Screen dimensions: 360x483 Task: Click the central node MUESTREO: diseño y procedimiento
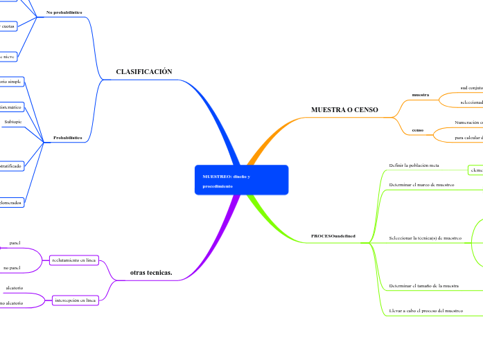[240, 181]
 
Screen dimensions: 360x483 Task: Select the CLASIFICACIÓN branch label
[143, 72]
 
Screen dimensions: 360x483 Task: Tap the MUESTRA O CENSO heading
[344, 110]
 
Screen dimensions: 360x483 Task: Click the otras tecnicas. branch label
[151, 273]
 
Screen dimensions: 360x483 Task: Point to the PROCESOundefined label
[333, 236]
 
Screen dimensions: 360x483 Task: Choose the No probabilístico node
[64, 12]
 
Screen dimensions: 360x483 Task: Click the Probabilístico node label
[67, 138]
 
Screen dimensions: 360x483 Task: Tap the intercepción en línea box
[76, 300]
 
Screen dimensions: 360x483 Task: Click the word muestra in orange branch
[420, 94]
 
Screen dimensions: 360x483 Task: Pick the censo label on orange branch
[418, 129]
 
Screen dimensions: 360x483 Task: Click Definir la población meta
[414, 166]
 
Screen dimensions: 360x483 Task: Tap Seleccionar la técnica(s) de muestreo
[425, 238]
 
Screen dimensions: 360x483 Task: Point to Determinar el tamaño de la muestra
[423, 285]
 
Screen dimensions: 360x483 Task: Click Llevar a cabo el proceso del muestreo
[425, 311]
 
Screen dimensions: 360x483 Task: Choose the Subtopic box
[13, 122]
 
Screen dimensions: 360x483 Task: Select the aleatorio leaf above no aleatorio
[15, 287]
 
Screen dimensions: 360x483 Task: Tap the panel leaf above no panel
[15, 243]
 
